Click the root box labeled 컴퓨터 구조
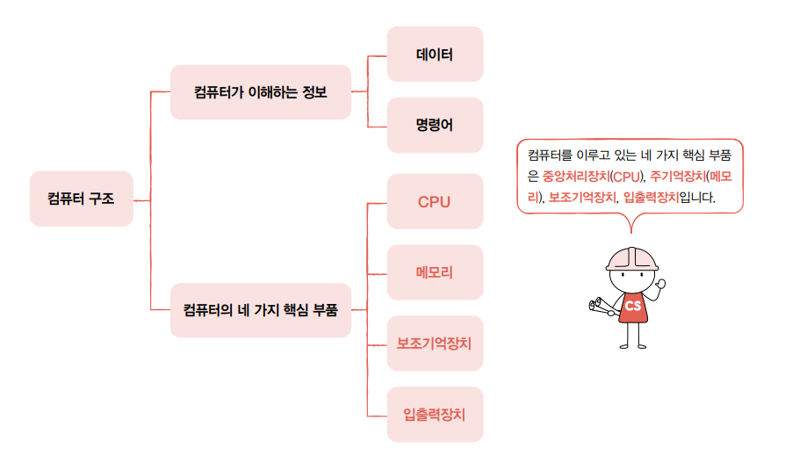(81, 199)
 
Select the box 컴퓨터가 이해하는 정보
(260, 91)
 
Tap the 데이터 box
(435, 54)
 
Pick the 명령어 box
(435, 125)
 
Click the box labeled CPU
(435, 202)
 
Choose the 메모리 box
(435, 272)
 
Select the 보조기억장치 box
(435, 343)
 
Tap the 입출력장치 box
(435, 413)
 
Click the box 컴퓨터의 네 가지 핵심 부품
(260, 309)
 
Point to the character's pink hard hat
(632, 256)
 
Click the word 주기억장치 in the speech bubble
(677, 176)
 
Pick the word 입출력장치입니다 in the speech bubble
(669, 198)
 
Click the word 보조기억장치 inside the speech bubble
(583, 198)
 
